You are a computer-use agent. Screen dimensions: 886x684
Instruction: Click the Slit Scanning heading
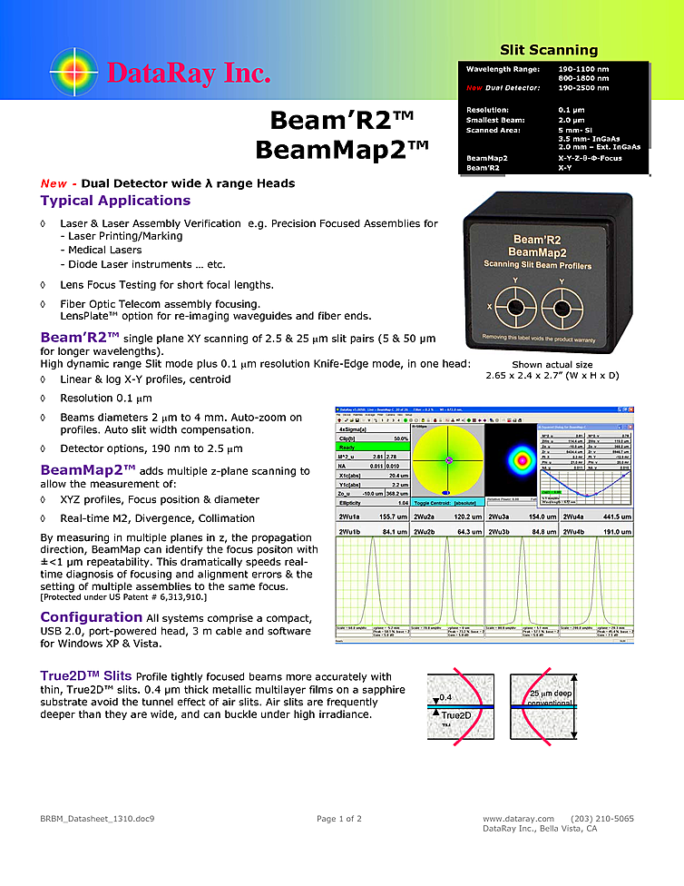549,50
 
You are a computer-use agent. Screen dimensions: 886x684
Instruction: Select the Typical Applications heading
115,201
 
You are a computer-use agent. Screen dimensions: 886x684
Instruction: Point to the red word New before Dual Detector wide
54,183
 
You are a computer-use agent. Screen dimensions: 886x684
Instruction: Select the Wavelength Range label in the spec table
502,69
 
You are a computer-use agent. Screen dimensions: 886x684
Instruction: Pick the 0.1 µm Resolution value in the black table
571,109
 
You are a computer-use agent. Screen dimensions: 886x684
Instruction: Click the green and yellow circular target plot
447,461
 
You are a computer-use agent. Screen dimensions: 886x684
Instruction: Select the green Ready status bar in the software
373,447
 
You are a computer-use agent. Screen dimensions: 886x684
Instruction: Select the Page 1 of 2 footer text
338,818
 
